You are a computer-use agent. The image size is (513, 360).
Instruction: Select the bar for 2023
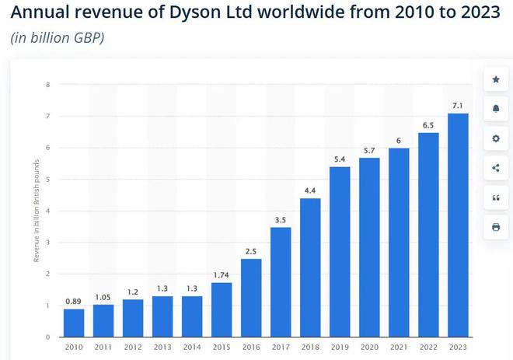pos(459,225)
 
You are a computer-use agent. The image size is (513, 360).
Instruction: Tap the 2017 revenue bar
pos(281,281)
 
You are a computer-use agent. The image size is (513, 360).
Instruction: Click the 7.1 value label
pos(459,105)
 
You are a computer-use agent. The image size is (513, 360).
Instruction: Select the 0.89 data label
pos(74,300)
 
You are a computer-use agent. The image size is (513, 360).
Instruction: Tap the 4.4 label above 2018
pos(310,190)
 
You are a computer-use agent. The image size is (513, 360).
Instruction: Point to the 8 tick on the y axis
pos(48,84)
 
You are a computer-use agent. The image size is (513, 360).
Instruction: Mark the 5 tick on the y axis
pos(48,179)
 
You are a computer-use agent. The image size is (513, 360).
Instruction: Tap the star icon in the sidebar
pos(496,79)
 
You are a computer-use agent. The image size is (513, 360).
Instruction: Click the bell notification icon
pos(496,109)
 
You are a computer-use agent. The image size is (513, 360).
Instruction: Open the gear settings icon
pos(496,138)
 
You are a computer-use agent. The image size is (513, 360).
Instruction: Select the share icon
pos(496,168)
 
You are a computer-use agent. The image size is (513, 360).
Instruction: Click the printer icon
pos(496,227)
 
